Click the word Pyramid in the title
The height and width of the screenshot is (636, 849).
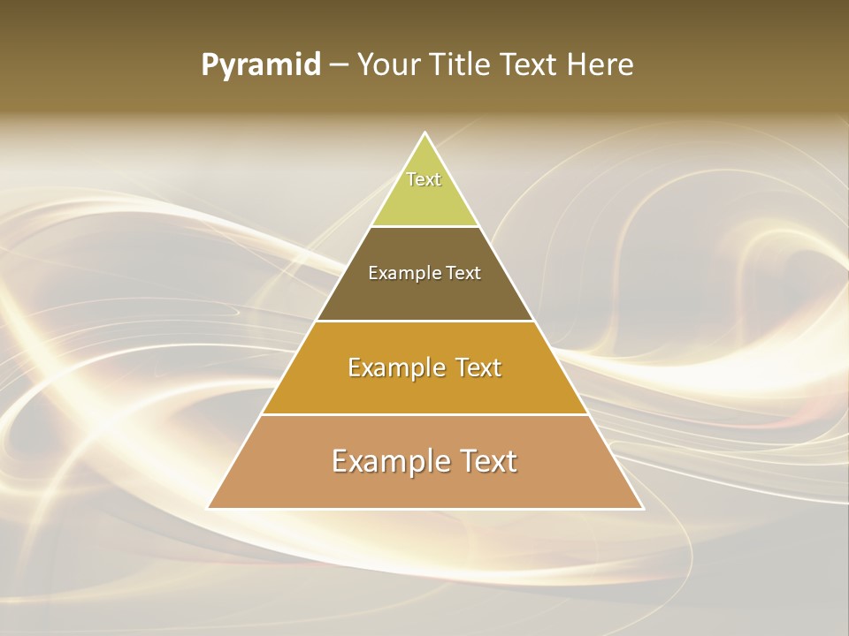(x=260, y=65)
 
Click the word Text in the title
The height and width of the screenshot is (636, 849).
(x=531, y=64)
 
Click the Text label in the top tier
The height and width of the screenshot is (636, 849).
(x=424, y=179)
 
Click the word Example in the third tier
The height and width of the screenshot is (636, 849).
(x=394, y=367)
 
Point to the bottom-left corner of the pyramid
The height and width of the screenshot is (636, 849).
(x=209, y=508)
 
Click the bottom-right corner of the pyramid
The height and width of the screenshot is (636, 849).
(x=642, y=508)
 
